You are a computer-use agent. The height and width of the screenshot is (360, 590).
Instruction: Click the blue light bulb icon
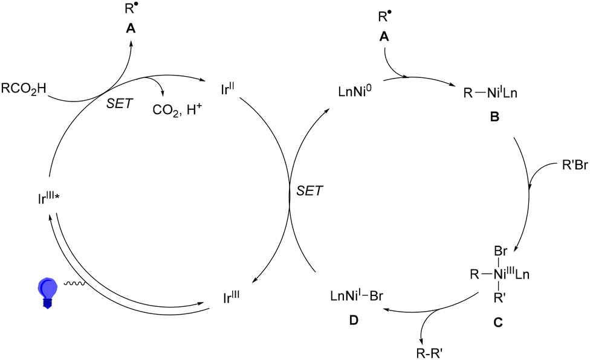click(x=46, y=292)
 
